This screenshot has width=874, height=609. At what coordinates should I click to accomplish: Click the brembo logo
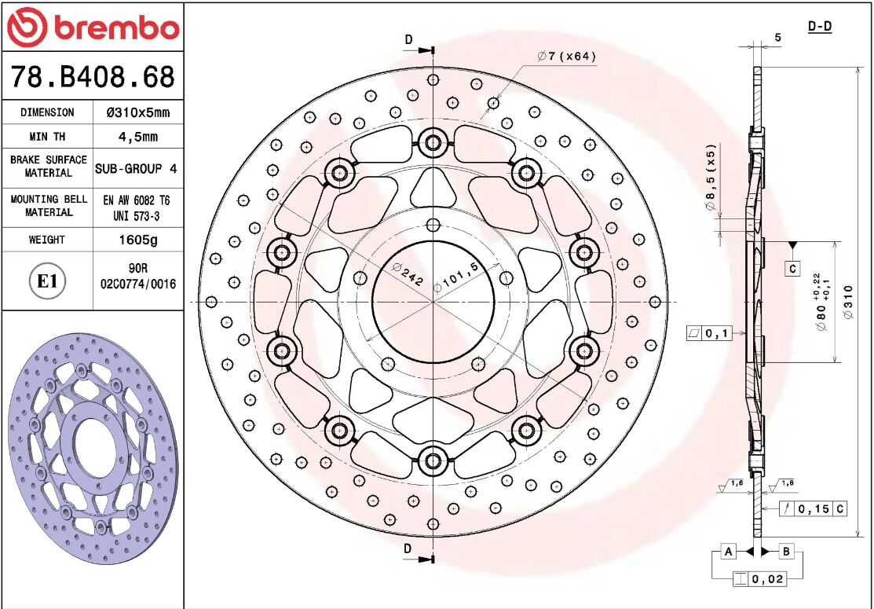93,28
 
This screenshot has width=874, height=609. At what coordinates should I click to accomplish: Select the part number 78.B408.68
93,77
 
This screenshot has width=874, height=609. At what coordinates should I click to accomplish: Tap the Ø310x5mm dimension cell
137,112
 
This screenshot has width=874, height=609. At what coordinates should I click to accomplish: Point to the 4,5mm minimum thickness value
137,137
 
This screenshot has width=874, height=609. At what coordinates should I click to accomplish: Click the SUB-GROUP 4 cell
137,168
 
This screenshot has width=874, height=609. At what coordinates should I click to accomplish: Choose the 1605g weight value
137,240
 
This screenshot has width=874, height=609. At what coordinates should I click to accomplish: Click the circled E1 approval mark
47,281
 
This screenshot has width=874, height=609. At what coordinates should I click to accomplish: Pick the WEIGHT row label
47,240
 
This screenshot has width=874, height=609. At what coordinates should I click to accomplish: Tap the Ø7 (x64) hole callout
567,56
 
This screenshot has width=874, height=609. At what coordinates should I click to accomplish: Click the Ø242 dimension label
408,273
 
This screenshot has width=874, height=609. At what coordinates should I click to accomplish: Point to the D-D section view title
820,27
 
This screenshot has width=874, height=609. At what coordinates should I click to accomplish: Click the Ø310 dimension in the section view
847,303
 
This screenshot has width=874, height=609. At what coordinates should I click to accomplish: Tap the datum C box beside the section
792,269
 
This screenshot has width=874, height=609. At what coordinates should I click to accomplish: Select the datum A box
728,552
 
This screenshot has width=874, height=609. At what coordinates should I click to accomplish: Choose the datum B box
786,552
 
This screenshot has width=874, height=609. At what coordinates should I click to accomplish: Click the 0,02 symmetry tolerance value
767,580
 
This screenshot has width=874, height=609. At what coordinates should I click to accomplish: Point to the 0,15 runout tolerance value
813,509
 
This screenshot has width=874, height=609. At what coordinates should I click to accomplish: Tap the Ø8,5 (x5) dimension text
710,177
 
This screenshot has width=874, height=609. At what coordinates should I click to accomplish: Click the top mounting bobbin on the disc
432,143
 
